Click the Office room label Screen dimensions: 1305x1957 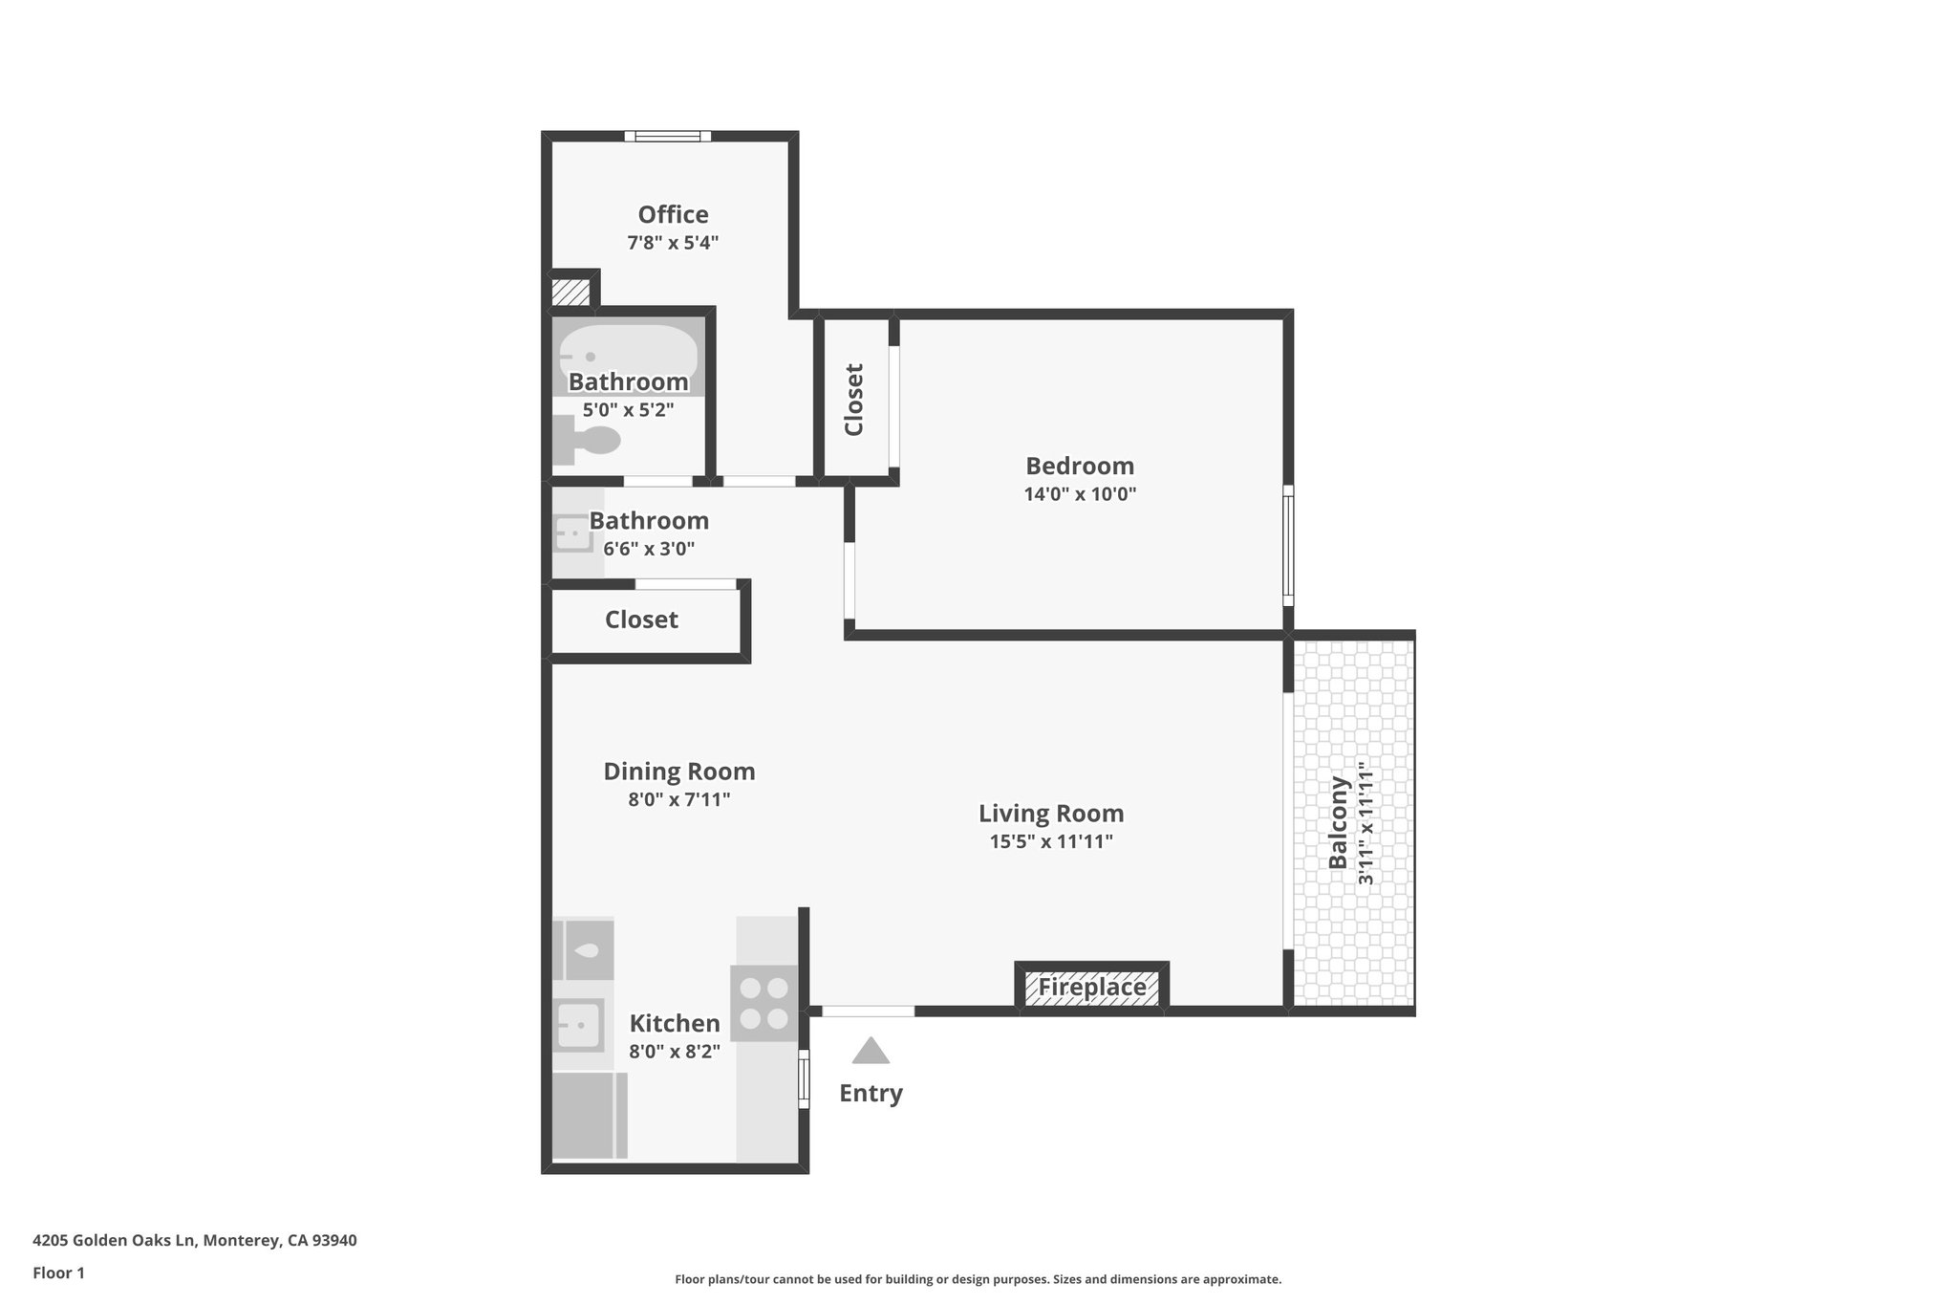point(673,215)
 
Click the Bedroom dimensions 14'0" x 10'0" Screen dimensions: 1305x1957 point(1080,494)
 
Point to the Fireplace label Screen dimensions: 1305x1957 point(1091,988)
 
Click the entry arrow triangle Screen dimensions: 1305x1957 point(871,1052)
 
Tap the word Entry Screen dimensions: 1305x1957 point(871,1093)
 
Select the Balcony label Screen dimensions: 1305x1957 point(1338,822)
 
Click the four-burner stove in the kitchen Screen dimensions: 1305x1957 point(764,1003)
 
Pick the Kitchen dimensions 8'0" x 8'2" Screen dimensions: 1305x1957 point(674,1052)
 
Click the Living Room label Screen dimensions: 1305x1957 point(1051,814)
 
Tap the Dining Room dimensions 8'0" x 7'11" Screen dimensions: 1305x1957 point(678,799)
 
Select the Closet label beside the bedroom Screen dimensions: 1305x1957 point(854,400)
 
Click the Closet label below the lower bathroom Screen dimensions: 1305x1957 point(641,620)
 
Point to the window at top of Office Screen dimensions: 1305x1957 point(668,136)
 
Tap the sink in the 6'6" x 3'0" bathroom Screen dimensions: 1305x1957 point(573,533)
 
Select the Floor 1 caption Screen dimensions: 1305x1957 point(58,1272)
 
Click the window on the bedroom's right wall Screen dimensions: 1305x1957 point(1287,545)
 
